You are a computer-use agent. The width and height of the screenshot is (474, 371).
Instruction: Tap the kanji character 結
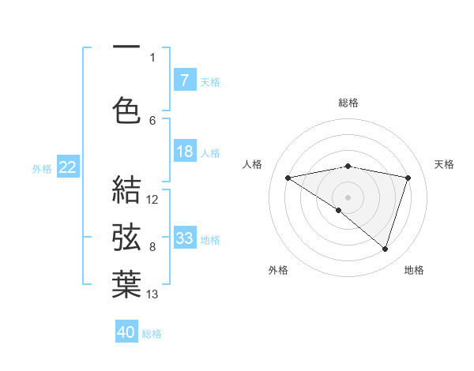[126, 190]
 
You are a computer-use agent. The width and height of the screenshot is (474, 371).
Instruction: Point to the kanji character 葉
[126, 284]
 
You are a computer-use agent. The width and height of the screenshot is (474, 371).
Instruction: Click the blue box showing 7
[185, 81]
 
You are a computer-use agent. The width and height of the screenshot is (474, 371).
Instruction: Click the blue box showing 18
[185, 152]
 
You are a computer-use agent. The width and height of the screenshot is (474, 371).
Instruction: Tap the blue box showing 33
[185, 238]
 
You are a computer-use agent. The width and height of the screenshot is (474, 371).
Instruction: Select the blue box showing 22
[68, 167]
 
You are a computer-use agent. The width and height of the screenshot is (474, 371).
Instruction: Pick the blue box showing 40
[126, 332]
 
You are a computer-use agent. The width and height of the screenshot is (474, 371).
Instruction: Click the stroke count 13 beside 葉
[152, 294]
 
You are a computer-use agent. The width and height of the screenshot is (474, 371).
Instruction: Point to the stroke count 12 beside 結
[152, 200]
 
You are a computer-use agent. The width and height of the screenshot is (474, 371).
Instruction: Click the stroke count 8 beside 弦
[152, 247]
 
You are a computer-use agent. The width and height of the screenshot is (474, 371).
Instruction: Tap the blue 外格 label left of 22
[42, 168]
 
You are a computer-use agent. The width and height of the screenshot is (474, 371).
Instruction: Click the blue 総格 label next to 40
[152, 334]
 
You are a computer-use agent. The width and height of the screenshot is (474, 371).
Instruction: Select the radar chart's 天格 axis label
[444, 164]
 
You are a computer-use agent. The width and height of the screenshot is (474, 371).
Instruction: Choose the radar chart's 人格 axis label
[253, 164]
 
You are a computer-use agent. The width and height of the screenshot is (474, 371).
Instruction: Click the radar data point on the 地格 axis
[385, 249]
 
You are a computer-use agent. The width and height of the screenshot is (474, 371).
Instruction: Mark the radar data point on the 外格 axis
[339, 210]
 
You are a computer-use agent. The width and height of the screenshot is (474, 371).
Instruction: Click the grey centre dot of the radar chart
[348, 197]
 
